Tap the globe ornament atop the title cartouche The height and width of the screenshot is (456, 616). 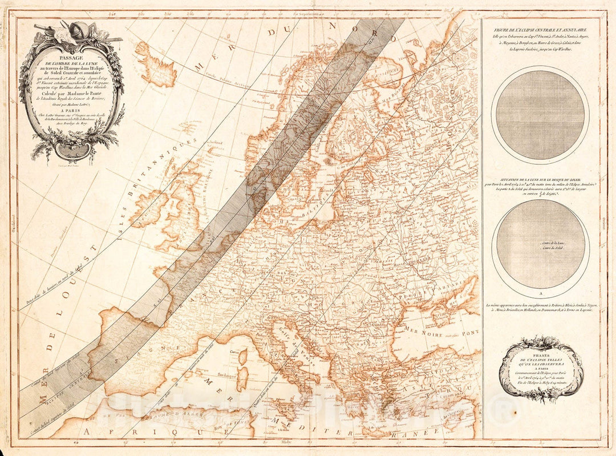point(80,29)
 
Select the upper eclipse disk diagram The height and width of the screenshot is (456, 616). point(540,115)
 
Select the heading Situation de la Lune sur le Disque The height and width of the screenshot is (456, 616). point(540,180)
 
